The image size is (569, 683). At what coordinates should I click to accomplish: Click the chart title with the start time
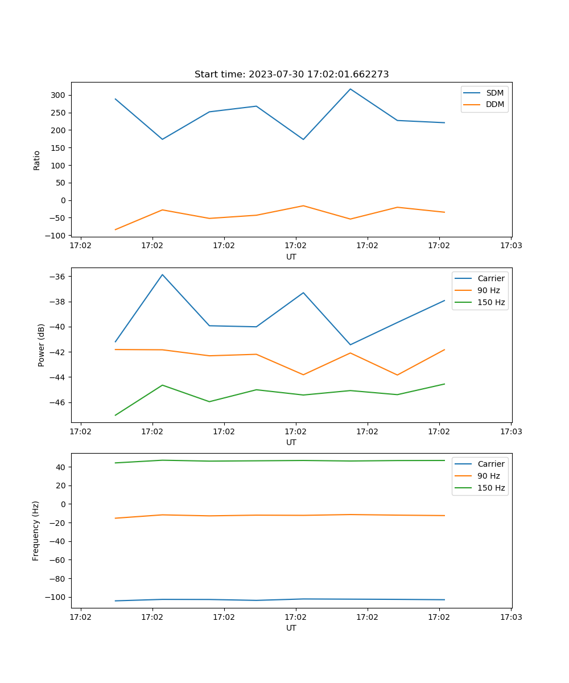(291, 75)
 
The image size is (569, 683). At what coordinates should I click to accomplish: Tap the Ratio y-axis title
(37, 160)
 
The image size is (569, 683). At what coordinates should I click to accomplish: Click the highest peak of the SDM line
(351, 89)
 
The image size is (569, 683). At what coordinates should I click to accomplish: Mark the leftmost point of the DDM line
(116, 230)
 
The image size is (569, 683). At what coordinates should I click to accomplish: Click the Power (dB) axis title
(42, 345)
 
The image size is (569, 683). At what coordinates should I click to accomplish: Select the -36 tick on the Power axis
(60, 277)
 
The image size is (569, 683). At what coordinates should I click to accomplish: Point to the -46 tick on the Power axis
(60, 402)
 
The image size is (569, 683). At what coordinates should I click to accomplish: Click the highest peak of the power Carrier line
(162, 274)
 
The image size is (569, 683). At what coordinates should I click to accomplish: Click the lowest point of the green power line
(116, 415)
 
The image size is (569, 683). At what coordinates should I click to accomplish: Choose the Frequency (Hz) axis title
(36, 531)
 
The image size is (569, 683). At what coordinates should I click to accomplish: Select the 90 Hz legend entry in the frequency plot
(489, 476)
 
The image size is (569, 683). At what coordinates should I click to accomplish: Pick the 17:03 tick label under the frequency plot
(511, 616)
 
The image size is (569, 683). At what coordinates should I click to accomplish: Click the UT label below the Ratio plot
(291, 257)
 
